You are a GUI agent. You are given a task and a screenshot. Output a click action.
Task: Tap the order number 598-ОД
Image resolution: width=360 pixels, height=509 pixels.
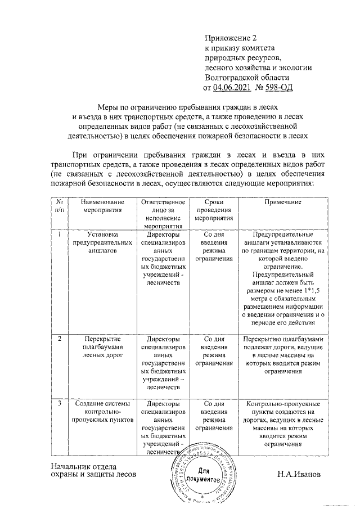(x=279, y=87)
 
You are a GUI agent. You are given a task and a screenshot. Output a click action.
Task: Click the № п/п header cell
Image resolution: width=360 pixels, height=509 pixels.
(x=60, y=205)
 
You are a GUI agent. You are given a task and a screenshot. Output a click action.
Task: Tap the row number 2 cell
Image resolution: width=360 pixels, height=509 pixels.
(x=60, y=340)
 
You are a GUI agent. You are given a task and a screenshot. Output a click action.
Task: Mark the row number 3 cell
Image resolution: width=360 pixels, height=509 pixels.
(x=60, y=404)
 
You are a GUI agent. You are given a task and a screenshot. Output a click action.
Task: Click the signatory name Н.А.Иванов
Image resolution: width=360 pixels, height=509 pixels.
(x=299, y=474)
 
